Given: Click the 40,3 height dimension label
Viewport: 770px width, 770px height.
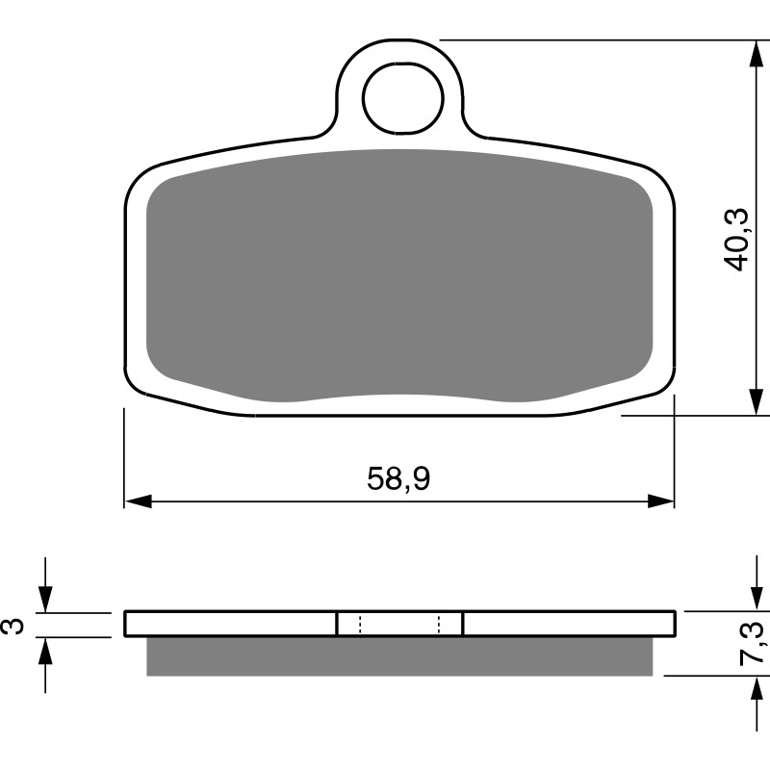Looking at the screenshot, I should coord(737,239).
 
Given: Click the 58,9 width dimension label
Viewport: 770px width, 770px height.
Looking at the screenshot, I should coord(398,478).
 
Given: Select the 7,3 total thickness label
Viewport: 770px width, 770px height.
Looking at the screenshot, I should coord(754,643).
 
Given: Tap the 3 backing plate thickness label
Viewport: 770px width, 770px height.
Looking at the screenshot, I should coord(13,625).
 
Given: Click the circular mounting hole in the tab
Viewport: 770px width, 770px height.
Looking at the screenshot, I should coord(402,99).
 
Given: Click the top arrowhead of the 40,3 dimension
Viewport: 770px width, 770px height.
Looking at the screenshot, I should coord(757,54).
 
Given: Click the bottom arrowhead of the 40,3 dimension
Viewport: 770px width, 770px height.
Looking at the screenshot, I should coord(757,402).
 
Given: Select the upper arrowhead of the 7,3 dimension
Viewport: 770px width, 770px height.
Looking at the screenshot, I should coord(757,599).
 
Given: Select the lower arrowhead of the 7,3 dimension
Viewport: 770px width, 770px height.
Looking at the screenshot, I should coord(757,687).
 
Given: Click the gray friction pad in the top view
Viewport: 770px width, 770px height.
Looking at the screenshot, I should coord(399,274).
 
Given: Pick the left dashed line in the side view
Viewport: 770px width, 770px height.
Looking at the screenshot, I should coord(359,624).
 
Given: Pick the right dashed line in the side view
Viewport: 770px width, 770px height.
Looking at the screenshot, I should coord(439,624).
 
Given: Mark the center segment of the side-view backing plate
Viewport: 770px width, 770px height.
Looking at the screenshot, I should coord(399,624).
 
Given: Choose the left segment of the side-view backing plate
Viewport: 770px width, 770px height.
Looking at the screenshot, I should coord(231,624).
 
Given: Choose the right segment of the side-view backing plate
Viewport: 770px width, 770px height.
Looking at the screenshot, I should coord(568,624).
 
